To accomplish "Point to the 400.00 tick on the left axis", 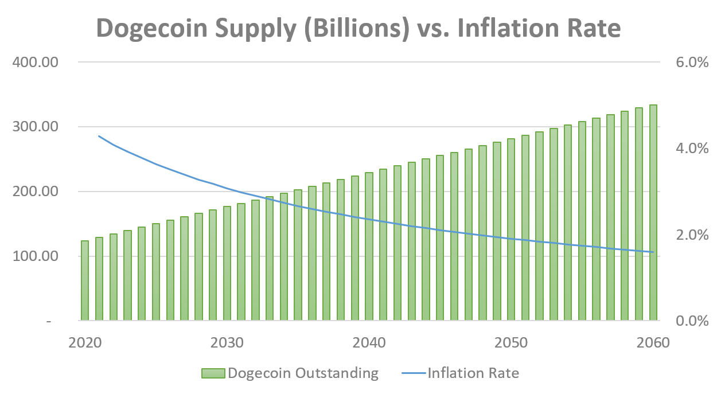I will (x=36, y=62).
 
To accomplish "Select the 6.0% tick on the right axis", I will (x=692, y=63).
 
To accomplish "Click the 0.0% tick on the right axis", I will (x=692, y=321).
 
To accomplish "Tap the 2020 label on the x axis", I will (x=84, y=343).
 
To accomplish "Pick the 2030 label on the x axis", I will (x=227, y=343).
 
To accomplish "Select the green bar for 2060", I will (x=653, y=212).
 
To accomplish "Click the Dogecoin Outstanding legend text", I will (x=303, y=373).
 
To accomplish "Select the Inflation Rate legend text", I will (x=473, y=373).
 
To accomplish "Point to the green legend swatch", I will (x=213, y=373).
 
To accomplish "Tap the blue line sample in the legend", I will (x=411, y=373).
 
